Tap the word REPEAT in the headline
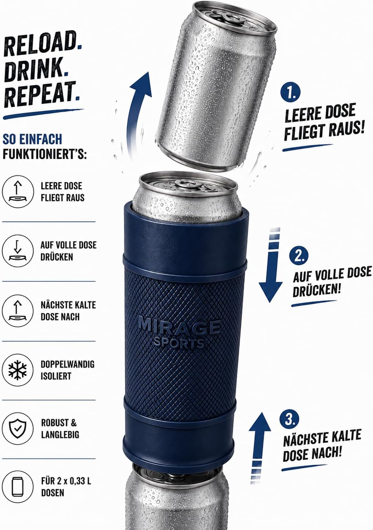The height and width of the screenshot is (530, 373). (40, 95)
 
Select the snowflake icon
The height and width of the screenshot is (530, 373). (18, 370)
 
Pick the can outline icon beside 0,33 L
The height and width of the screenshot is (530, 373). (18, 488)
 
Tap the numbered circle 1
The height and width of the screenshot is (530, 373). (290, 93)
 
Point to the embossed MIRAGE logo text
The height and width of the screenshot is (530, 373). (179, 327)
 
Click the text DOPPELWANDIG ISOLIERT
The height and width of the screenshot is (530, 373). (68, 370)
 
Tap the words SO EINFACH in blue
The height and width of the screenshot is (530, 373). (32, 139)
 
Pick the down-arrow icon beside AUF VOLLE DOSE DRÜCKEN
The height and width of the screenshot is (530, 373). (18, 251)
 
